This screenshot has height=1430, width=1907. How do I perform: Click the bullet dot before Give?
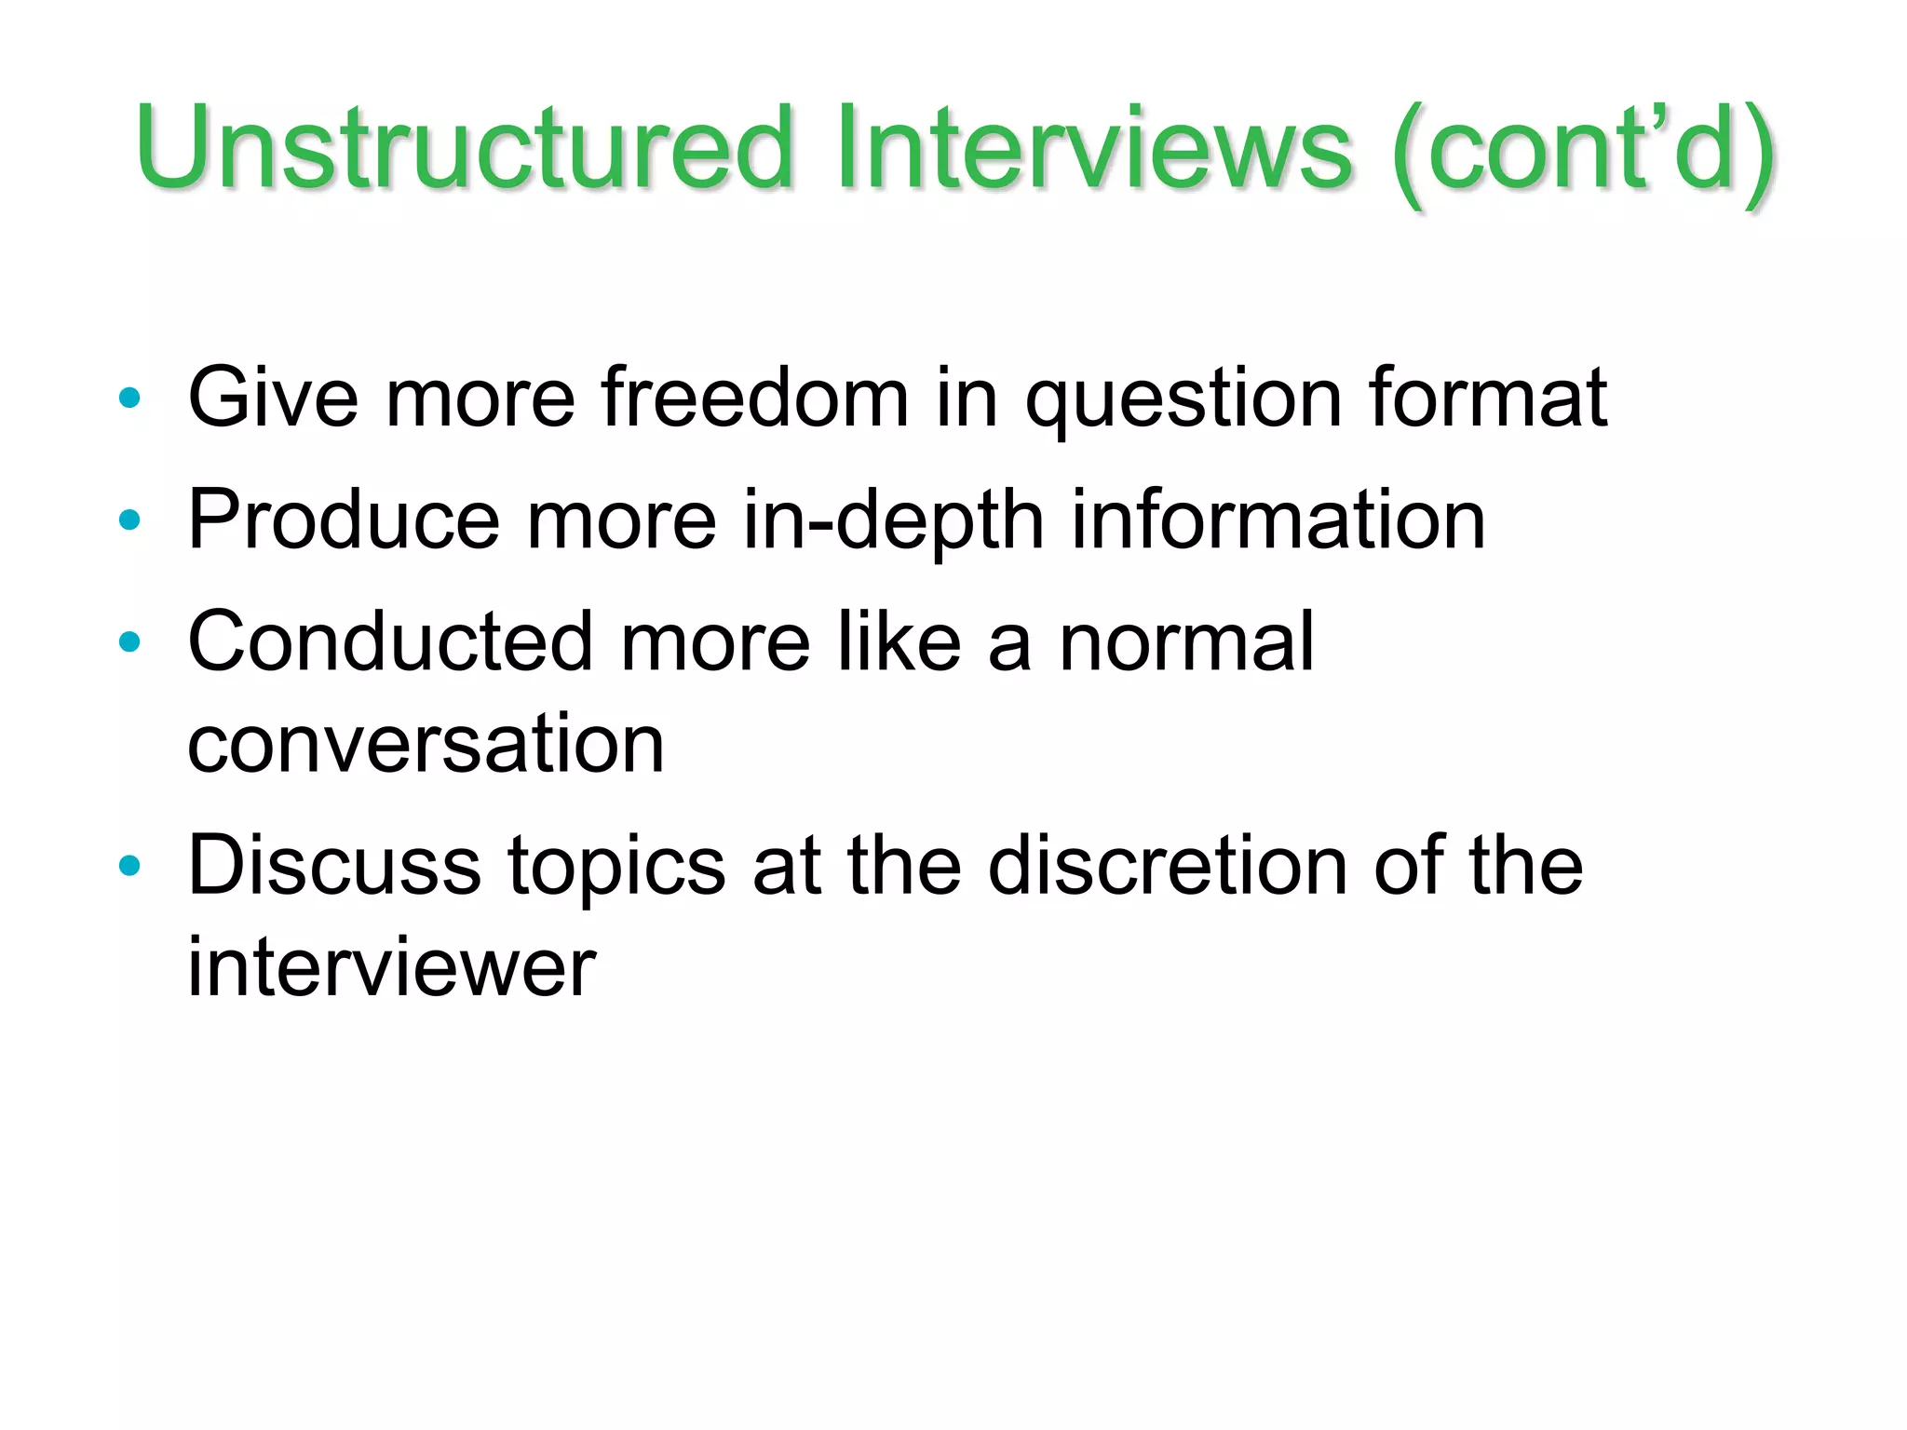pos(129,399)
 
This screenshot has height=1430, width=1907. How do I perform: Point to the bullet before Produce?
pos(129,520)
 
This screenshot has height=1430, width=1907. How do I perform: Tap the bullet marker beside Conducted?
pos(129,641)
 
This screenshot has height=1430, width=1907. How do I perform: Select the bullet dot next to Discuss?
pos(129,866)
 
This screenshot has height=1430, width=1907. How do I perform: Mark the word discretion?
pos(1168,865)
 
